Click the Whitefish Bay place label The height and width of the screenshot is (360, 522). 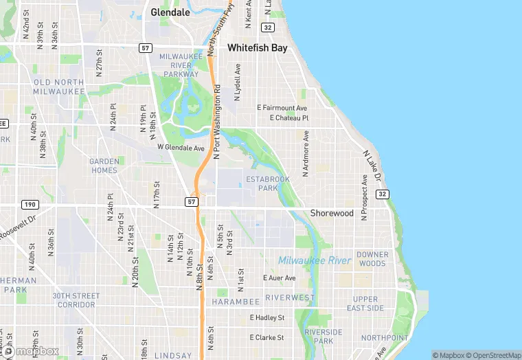(257, 49)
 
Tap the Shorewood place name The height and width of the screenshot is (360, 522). (332, 213)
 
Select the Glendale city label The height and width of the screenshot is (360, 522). (170, 12)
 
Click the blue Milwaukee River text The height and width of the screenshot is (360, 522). (315, 260)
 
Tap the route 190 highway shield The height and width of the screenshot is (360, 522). (30, 204)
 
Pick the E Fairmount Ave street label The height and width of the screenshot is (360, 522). (282, 108)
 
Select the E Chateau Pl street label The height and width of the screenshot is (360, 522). (289, 118)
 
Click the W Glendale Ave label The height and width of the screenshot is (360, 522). (181, 148)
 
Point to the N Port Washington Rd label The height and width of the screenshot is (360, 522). (216, 122)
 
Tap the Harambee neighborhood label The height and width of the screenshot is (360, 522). (236, 302)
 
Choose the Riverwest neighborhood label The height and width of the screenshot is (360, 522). (289, 297)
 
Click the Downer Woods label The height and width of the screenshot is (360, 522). (372, 259)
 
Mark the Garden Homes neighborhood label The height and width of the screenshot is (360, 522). (104, 166)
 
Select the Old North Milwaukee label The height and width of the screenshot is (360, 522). (58, 87)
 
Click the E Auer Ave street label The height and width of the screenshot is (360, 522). (280, 278)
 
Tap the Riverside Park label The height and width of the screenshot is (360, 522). (324, 337)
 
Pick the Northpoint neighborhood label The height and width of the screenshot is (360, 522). (384, 337)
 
